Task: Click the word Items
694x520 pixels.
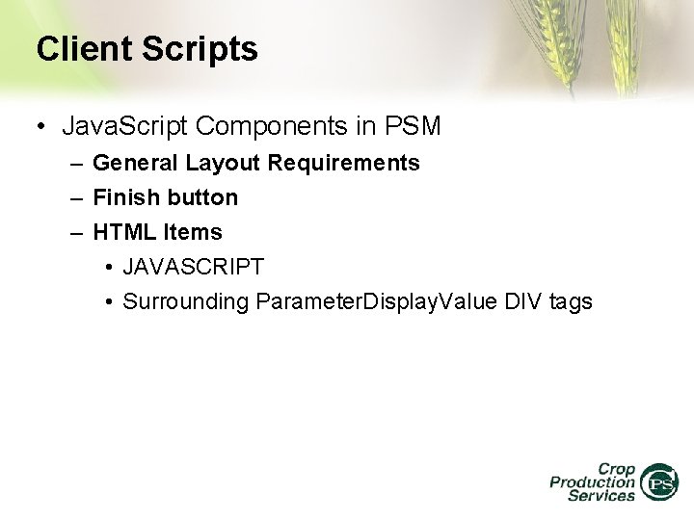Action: [x=193, y=233]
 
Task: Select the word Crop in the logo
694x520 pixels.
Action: [x=614, y=467]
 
